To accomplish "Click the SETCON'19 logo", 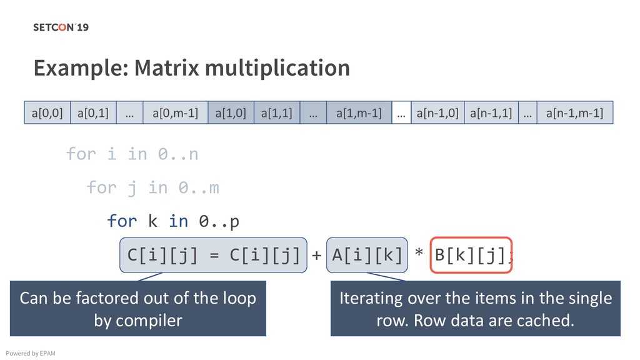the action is point(61,27).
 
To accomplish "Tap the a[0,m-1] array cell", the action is point(175,113).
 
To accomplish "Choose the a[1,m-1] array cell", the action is point(359,113).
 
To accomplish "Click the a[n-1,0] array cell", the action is point(437,113).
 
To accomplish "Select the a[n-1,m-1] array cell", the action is point(574,113).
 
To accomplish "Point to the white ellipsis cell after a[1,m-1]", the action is point(401,113).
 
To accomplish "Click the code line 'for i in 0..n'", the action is point(132,154).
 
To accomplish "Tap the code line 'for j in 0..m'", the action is point(152,187).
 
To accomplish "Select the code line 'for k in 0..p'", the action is point(173,221).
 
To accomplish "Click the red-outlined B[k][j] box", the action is point(471,255).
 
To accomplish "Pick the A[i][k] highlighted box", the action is point(367,255).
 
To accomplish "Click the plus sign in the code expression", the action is point(316,255).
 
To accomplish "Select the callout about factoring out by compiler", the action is point(138,309).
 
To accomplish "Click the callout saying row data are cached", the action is point(475,309).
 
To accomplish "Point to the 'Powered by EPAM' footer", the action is point(30,354).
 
